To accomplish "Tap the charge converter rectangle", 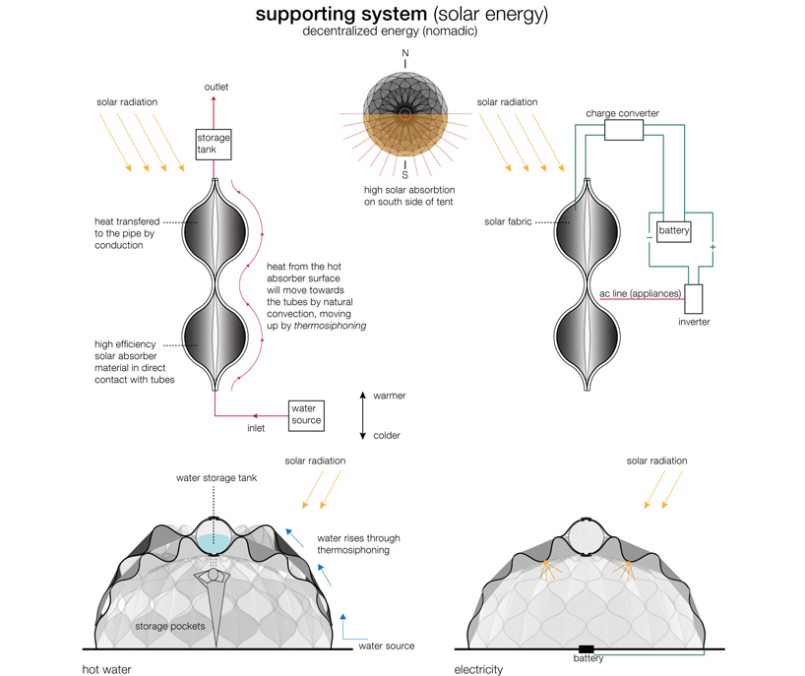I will point(622,130).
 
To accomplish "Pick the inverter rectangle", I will point(695,299).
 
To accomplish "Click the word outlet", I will point(217,88).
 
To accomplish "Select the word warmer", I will point(390,396).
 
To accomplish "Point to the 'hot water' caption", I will point(109,668).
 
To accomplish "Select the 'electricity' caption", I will point(478,668).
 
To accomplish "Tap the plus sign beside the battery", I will point(712,247).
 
